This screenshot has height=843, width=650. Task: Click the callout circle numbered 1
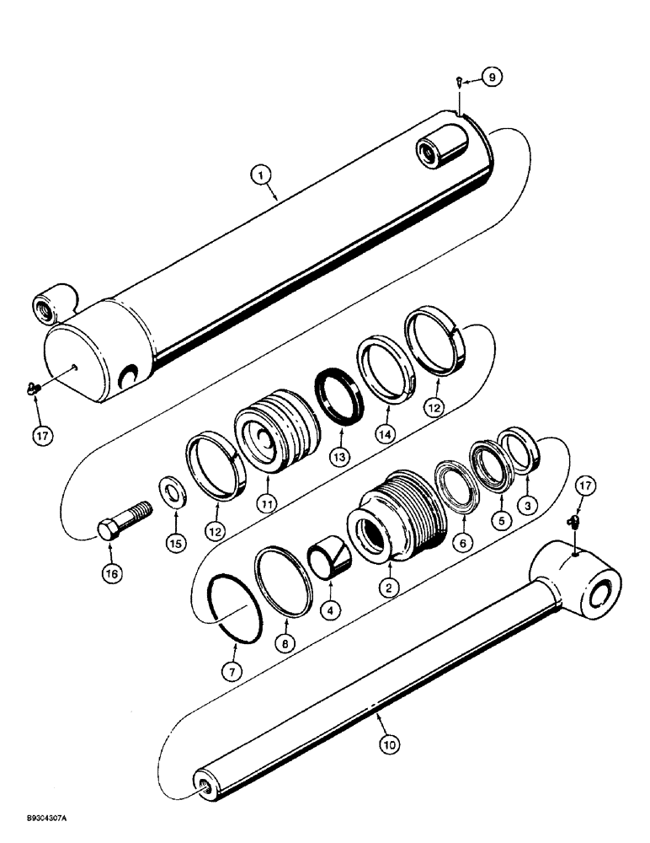(263, 175)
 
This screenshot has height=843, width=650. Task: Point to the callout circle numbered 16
(111, 573)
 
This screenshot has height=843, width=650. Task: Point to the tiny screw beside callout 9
(456, 81)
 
